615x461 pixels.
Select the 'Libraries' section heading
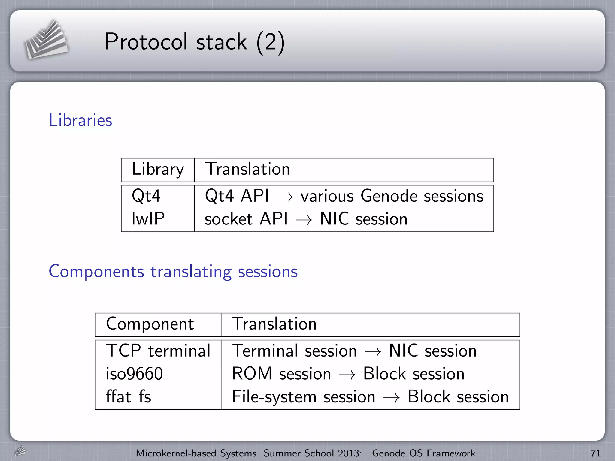tap(80, 120)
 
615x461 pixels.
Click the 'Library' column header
tap(158, 169)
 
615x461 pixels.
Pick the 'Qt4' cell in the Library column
tap(146, 196)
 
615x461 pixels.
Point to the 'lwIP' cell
tap(148, 218)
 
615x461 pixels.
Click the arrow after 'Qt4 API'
tap(285, 197)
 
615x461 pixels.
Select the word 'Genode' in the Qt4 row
tap(389, 196)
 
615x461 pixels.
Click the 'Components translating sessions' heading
tap(173, 271)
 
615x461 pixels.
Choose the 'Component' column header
tap(150, 324)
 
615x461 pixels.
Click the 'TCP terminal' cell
tap(158, 351)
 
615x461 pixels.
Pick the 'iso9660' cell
tap(134, 374)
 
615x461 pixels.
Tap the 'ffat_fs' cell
tap(128, 397)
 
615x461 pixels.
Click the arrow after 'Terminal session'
tap(373, 352)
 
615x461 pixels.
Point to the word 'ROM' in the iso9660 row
tap(252, 374)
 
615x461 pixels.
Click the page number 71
tap(595, 453)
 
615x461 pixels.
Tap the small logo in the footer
tap(20, 451)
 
